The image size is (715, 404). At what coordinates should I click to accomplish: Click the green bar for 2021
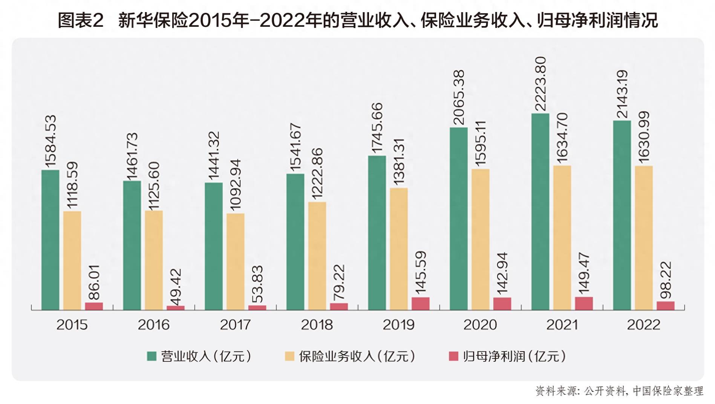540,211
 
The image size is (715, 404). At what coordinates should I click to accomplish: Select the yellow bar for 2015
72,260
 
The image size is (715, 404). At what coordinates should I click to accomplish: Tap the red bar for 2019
420,303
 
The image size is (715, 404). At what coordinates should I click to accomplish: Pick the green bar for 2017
214,246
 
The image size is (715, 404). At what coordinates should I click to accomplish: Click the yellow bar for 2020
481,239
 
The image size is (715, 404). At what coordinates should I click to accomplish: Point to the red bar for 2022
666,306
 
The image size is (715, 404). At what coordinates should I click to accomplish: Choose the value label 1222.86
317,174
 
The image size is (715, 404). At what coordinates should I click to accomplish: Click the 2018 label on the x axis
317,325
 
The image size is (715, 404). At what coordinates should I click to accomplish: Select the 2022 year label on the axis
643,325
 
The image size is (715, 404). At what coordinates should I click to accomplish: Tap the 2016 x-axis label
153,325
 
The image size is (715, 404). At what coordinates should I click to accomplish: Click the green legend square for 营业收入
152,356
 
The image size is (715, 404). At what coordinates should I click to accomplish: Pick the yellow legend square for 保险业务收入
289,356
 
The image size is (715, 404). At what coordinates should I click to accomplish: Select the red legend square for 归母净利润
453,356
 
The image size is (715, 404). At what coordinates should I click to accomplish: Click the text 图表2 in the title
80,20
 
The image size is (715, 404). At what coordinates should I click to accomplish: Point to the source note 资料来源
556,391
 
